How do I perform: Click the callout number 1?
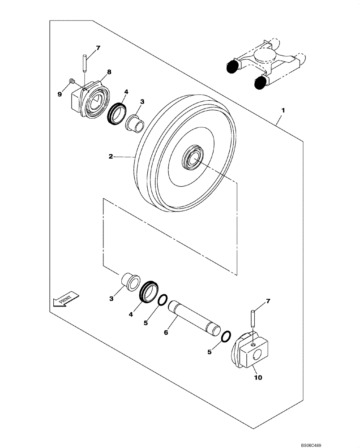(x=283, y=109)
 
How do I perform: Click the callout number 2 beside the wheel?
(x=110, y=157)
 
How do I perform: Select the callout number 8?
(x=109, y=72)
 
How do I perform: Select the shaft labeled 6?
(x=193, y=319)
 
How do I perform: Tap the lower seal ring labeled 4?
(x=148, y=292)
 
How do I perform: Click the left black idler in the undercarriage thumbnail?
(x=232, y=67)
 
